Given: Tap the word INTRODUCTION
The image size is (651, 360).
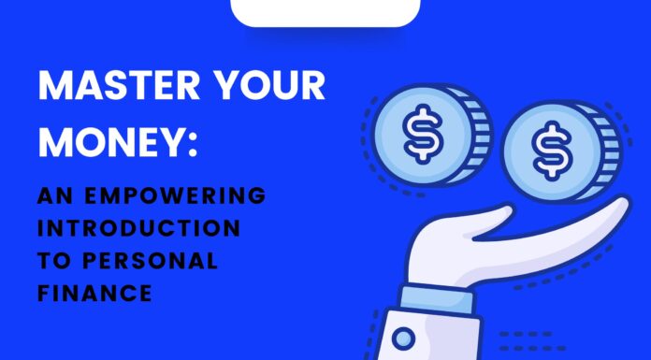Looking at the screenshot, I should [x=139, y=228].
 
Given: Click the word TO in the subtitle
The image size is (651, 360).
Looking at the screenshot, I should [x=54, y=261].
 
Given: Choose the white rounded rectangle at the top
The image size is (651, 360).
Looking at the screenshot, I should [x=325, y=12].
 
